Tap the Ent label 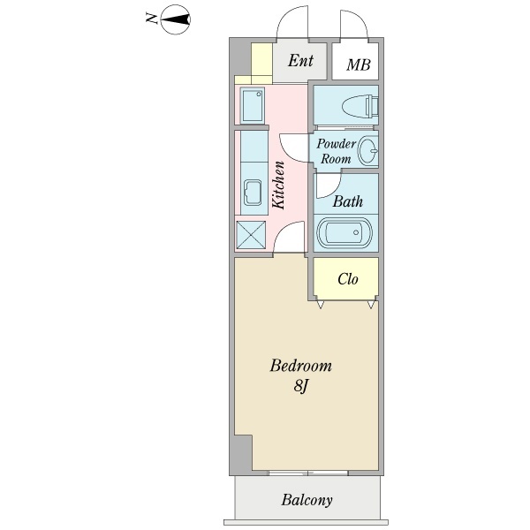coord(300,61)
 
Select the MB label coord(358,64)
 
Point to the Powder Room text coord(336,151)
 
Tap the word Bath coord(347,201)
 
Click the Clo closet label coord(347,279)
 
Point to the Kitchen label coord(278,184)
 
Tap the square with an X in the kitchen coord(252,235)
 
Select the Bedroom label coord(300,366)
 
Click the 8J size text coord(300,386)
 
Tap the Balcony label coord(307,501)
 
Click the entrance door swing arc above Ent coord(291,22)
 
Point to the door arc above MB coord(352,24)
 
